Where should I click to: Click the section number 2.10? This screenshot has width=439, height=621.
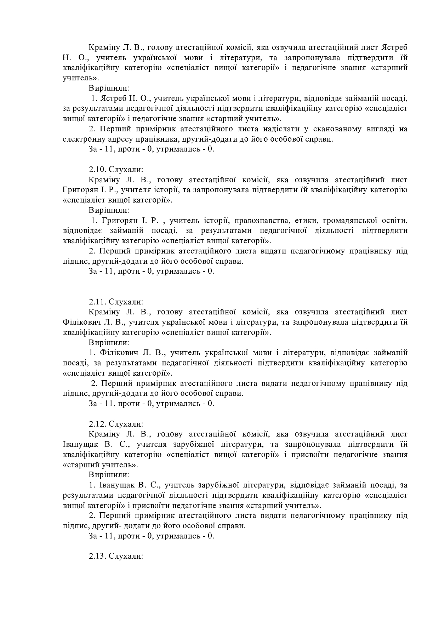(x=97, y=170)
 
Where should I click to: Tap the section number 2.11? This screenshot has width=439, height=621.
(x=97, y=302)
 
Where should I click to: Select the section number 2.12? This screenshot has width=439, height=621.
(x=97, y=424)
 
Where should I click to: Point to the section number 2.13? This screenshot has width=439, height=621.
(x=97, y=556)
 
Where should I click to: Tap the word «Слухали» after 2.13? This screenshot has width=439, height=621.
(x=126, y=556)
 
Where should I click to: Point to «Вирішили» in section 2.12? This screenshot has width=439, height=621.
(x=109, y=474)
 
